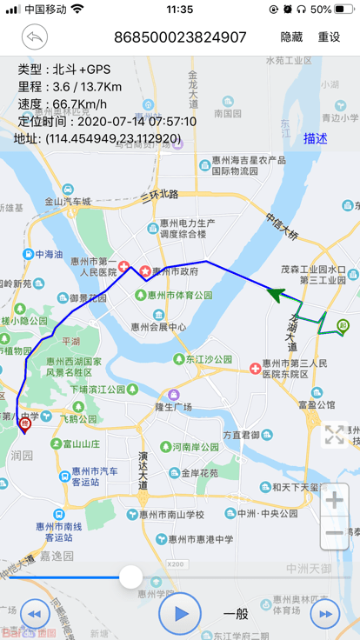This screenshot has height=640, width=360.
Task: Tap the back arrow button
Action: (35, 37)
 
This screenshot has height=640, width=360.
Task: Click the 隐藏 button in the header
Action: (291, 37)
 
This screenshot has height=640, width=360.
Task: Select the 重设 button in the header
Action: (329, 37)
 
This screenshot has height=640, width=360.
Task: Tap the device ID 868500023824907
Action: (180, 37)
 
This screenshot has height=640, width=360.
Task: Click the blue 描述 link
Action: (316, 138)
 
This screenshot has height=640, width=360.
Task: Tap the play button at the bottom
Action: (180, 613)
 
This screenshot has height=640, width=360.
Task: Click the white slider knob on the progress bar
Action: (130, 576)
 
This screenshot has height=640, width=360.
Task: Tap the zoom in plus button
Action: (335, 500)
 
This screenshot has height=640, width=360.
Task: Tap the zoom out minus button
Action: (335, 532)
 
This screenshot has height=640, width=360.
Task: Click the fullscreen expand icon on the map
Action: (335, 435)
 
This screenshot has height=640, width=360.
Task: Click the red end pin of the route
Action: (24, 424)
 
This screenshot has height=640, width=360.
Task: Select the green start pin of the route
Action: (342, 327)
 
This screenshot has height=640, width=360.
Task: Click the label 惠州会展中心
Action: (158, 327)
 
